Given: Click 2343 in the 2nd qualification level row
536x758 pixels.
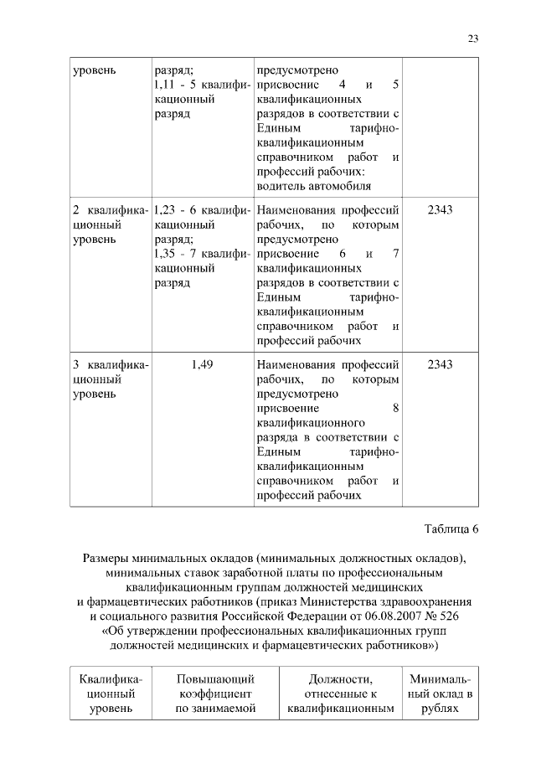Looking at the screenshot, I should tap(440, 209).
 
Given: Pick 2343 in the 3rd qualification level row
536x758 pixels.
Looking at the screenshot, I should tap(440, 364).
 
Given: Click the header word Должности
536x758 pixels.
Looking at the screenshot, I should tap(340, 678).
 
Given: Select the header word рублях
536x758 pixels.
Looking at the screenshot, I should tap(441, 709).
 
